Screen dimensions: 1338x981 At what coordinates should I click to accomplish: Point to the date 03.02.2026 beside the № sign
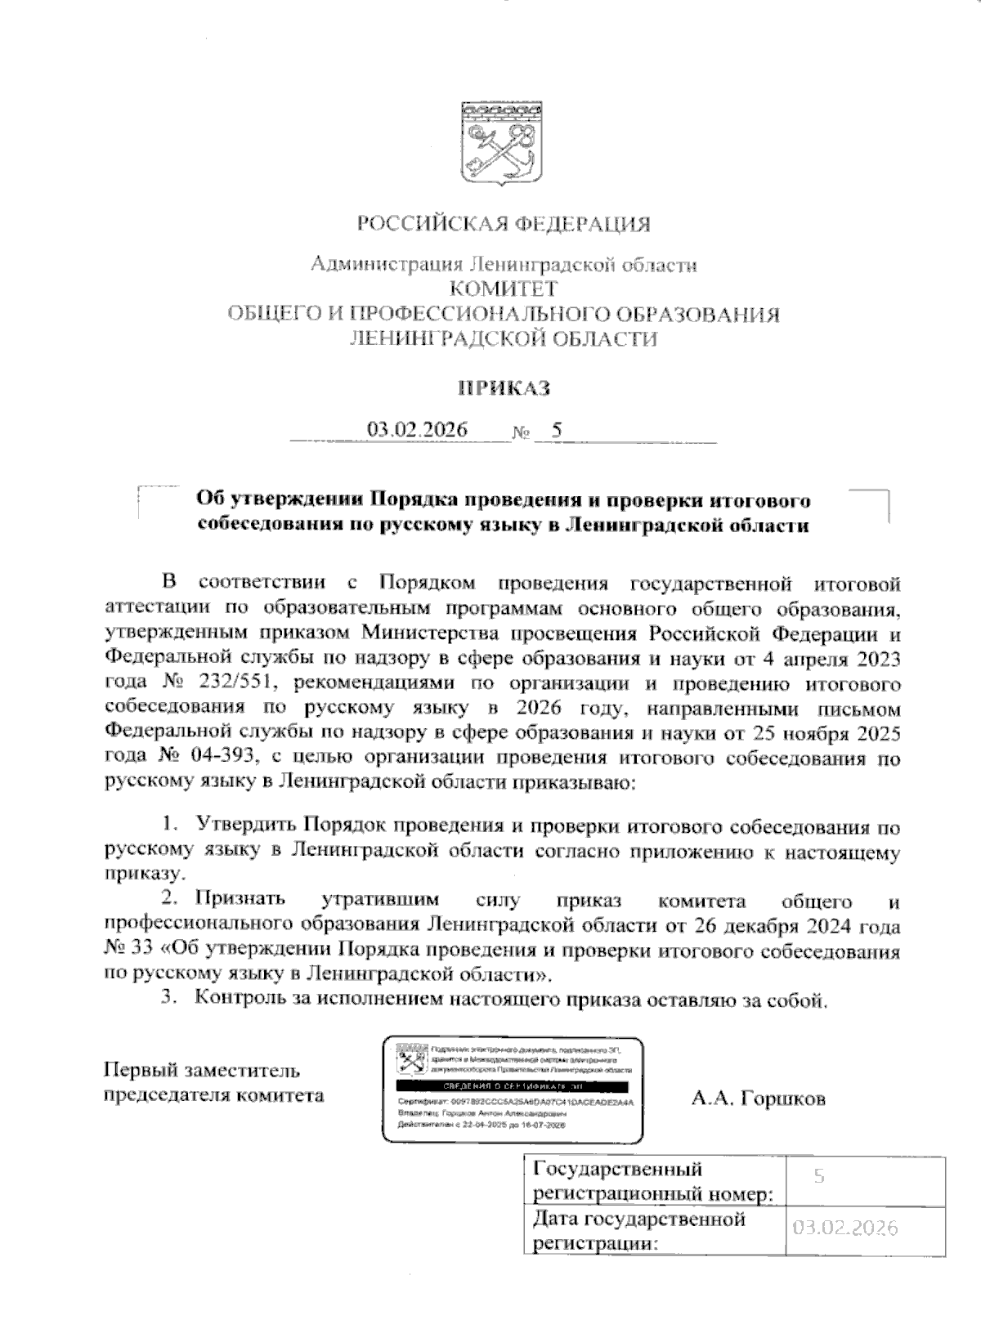(417, 430)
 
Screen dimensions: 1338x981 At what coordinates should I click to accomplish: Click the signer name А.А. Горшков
(758, 1099)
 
